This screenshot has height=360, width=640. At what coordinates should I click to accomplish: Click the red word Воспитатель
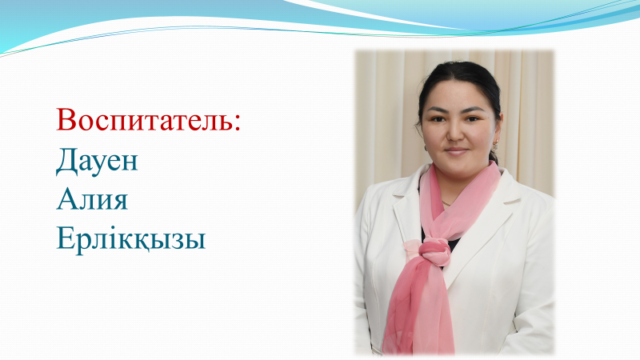145,119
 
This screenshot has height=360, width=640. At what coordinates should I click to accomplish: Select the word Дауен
97,161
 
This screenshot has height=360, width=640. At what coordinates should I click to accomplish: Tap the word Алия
92,200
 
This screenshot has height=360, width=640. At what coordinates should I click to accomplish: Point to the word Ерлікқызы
130,238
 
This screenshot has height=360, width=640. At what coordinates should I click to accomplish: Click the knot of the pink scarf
435,250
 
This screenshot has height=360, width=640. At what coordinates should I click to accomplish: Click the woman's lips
455,151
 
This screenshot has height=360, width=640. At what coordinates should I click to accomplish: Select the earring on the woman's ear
495,144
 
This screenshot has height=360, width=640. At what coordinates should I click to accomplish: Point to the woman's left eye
474,119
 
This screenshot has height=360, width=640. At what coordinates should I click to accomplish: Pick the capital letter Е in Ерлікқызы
65,238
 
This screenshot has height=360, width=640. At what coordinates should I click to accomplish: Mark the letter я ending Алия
122,203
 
